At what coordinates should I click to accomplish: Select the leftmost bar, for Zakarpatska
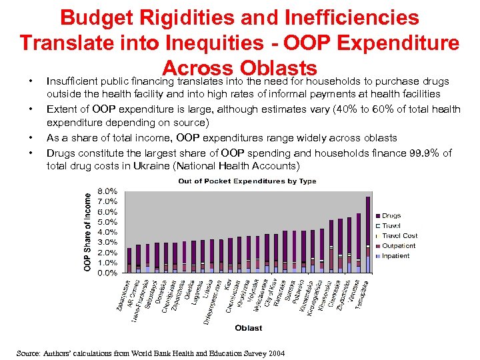(129, 261)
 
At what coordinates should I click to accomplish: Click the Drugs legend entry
(391, 216)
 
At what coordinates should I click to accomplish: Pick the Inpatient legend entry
(395, 256)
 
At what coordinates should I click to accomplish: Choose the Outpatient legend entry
(398, 246)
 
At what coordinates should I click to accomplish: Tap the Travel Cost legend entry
(399, 236)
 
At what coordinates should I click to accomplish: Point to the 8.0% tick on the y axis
(108, 191)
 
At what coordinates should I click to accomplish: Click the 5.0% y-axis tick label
(108, 221)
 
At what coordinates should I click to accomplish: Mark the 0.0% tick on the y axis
(108, 273)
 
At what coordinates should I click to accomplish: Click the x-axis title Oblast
(248, 328)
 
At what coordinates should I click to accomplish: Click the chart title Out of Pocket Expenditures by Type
(247, 181)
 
